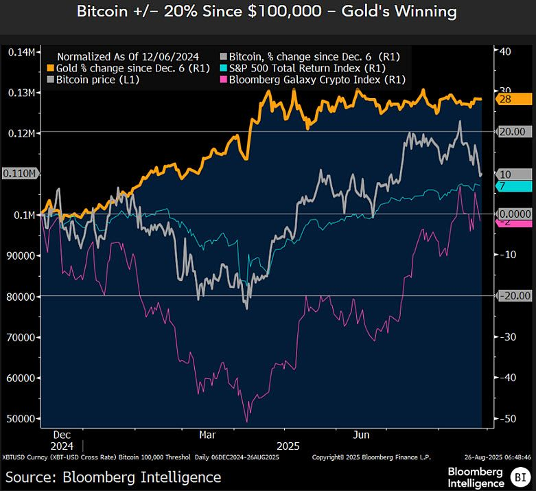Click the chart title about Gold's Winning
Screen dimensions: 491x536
pos(268,12)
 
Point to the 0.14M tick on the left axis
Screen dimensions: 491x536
pos(22,52)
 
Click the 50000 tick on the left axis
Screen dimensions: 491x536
pos(22,418)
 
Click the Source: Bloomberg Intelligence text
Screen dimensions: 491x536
pos(113,477)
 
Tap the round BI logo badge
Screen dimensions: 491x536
pos(519,475)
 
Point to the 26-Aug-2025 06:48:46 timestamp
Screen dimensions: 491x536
pos(496,457)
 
